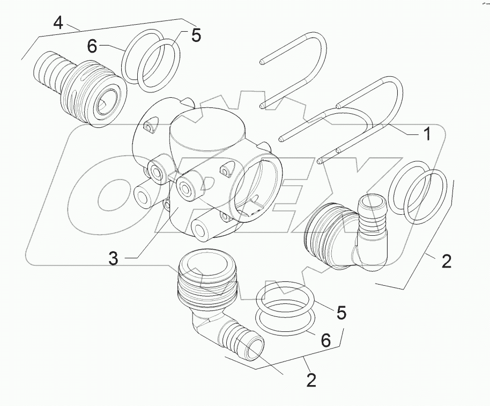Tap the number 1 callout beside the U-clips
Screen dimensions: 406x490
pyautogui.click(x=427, y=134)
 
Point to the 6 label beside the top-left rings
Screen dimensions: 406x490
pyautogui.click(x=92, y=47)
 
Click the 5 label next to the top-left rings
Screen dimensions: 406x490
pyautogui.click(x=196, y=35)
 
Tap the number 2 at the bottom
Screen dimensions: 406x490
pyautogui.click(x=311, y=380)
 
